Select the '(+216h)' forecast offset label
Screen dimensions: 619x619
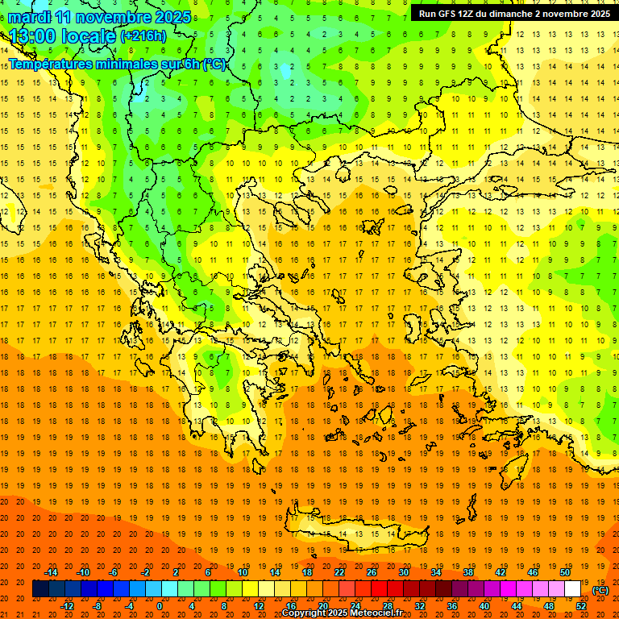[143, 36]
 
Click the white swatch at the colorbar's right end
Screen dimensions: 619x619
[572, 589]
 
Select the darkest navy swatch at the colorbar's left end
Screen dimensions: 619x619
[40, 589]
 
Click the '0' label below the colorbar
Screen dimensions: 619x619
[159, 605]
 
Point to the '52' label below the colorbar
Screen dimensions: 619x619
[580, 605]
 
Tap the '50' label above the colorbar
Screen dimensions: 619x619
[564, 572]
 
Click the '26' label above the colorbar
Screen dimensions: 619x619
[372, 572]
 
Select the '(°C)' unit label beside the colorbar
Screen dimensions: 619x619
[600, 590]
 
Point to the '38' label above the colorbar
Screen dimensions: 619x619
[467, 572]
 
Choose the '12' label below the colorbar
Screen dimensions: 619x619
[259, 605]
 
